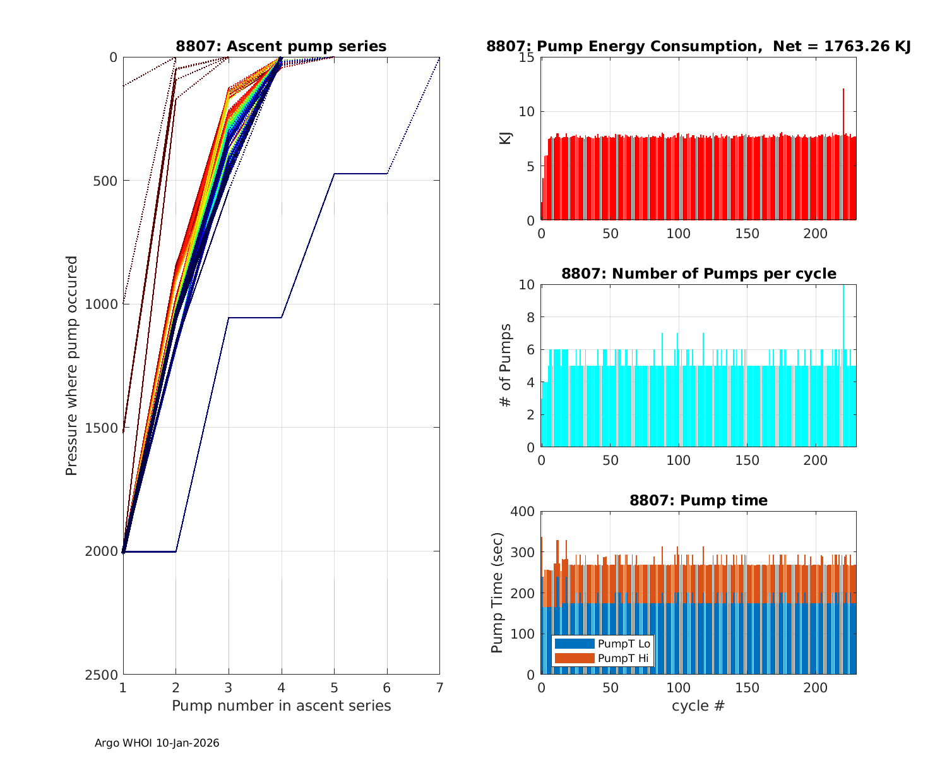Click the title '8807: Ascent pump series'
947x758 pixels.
coord(281,46)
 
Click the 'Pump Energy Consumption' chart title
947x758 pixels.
coord(698,46)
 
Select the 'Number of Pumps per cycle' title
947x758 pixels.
coord(698,274)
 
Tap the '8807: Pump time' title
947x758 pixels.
coord(698,500)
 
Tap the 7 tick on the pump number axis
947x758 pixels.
coord(439,687)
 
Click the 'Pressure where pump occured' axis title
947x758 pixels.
coord(71,366)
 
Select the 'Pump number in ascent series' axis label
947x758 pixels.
coord(281,706)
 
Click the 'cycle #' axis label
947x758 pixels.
coord(698,706)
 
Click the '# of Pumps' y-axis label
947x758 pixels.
coord(505,365)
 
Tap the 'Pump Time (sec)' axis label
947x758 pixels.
coord(497,593)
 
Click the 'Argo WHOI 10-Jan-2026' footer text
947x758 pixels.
coord(157,743)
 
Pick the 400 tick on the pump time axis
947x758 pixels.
coord(523,511)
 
